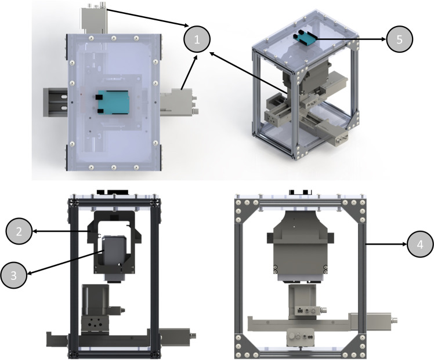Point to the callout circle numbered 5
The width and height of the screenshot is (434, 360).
click(x=398, y=39)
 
